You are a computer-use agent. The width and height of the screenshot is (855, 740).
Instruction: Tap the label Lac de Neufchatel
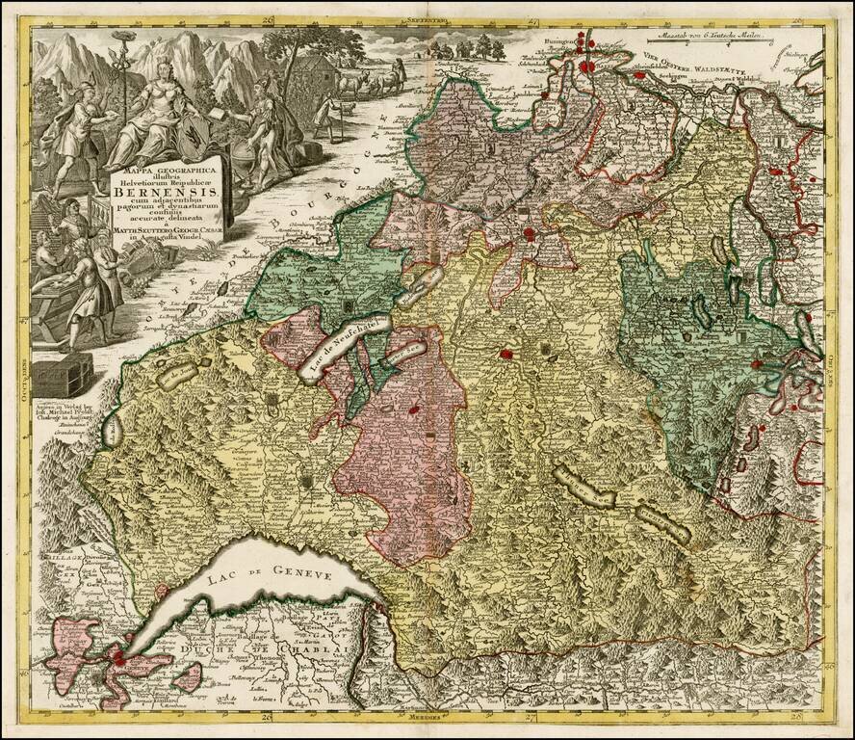[x=341, y=344]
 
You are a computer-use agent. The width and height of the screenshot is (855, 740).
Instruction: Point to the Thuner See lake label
[x=586, y=489]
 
